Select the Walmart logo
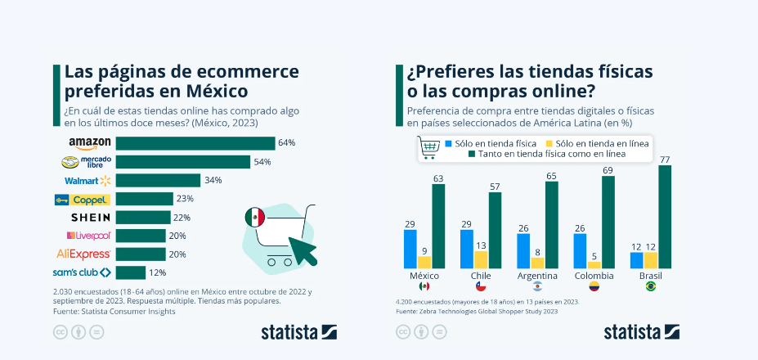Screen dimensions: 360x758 (x=87, y=180)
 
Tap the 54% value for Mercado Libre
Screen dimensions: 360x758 (x=262, y=161)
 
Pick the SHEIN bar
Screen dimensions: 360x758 (x=142, y=217)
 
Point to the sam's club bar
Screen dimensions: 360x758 (x=130, y=272)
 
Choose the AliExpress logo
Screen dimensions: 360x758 (x=83, y=254)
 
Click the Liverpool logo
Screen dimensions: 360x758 (x=88, y=236)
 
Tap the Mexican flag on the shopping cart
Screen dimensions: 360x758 (x=255, y=217)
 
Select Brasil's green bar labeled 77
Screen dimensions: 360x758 (x=665, y=217)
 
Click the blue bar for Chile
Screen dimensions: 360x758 (x=467, y=249)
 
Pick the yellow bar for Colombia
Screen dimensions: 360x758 (x=594, y=264)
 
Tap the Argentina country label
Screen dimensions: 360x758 (x=537, y=276)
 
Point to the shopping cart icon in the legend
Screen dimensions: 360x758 (x=429, y=147)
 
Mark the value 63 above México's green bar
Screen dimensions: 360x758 (x=438, y=178)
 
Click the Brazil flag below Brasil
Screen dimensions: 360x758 (x=650, y=287)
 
